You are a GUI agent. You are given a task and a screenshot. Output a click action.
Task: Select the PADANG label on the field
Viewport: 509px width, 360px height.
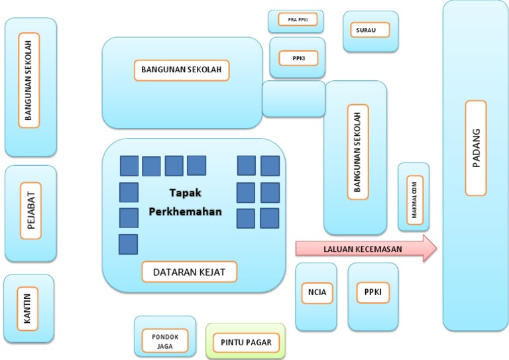(x=475, y=148)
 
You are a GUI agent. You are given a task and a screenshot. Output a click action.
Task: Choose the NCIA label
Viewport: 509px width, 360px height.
(x=316, y=291)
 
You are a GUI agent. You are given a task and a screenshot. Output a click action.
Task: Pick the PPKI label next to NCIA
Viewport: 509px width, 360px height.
(x=373, y=291)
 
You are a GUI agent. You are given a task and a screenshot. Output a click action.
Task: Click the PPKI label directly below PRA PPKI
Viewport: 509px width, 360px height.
(x=298, y=58)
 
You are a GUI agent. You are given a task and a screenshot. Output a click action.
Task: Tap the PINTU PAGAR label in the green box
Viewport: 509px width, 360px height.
(x=246, y=343)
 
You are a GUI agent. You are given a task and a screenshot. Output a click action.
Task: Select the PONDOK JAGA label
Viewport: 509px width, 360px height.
(x=164, y=341)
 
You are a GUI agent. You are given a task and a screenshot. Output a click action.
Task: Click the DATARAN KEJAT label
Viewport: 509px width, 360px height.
(x=190, y=272)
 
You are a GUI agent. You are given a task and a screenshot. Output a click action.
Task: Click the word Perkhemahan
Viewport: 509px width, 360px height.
(x=185, y=212)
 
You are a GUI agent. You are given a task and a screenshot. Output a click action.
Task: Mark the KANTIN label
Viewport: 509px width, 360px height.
(x=28, y=308)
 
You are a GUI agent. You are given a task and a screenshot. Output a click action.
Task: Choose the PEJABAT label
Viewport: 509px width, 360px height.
(x=30, y=211)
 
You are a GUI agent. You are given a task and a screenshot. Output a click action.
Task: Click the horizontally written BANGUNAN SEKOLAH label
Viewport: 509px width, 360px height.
(x=181, y=69)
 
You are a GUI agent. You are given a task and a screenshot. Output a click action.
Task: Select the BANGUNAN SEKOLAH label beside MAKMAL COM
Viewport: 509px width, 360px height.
(x=357, y=151)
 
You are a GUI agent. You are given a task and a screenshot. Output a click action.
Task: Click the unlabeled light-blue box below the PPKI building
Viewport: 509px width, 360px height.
(x=294, y=99)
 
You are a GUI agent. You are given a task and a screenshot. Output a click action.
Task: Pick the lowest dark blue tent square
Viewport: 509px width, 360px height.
(x=128, y=244)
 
